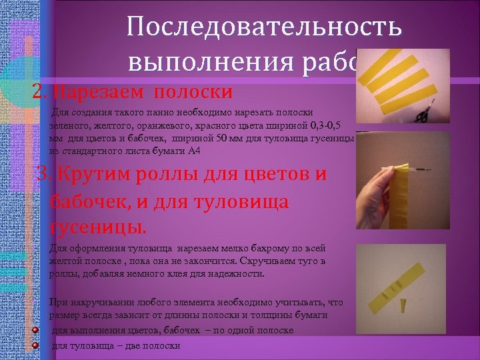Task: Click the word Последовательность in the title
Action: [264, 27]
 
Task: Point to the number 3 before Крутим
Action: [45, 175]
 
